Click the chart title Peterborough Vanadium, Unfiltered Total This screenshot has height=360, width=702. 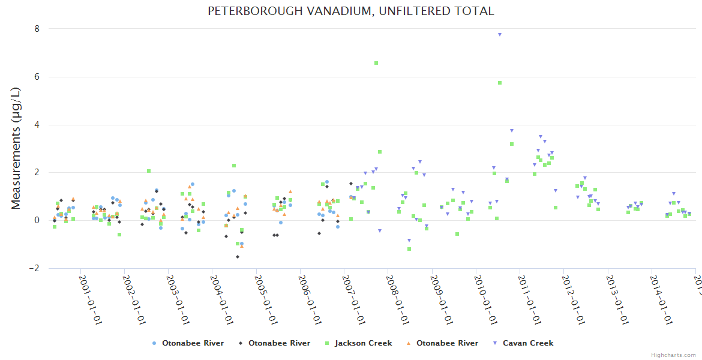351,11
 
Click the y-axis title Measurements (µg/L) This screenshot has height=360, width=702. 16,148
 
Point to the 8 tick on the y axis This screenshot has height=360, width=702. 37,29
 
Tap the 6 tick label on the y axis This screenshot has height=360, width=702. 37,77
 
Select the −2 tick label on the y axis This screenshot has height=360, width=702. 34,268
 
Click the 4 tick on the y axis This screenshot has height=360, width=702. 37,125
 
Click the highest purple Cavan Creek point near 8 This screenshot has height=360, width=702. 499,35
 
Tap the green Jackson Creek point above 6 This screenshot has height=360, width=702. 376,63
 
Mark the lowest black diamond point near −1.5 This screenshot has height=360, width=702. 238,257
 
